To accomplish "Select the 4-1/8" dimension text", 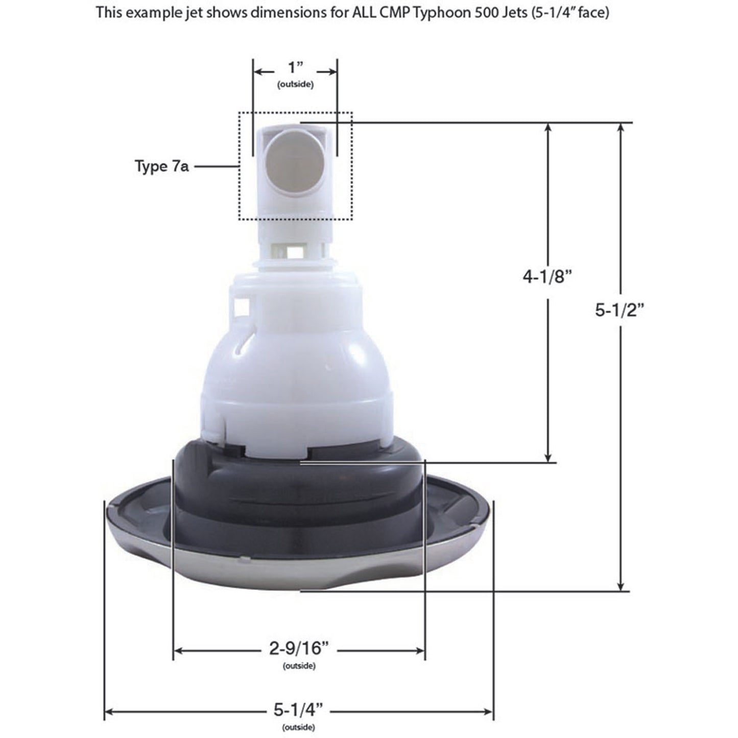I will click(547, 277).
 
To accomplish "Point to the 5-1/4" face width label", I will click(299, 710).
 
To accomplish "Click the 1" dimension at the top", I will click(296, 68).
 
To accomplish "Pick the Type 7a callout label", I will click(161, 166).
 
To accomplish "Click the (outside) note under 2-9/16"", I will click(299, 666).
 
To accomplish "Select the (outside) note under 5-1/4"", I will click(298, 727).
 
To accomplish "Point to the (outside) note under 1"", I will click(295, 84).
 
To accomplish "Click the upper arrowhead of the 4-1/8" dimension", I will click(548, 128).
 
